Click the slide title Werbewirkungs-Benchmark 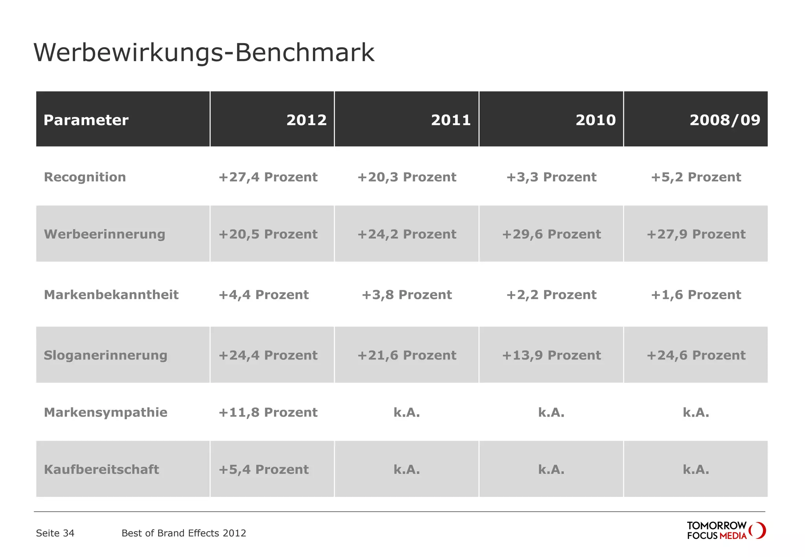pyautogui.click(x=204, y=53)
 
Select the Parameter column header pyautogui.click(x=86, y=120)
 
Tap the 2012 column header pyautogui.click(x=306, y=120)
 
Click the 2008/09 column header pyautogui.click(x=724, y=120)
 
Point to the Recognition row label pyautogui.click(x=85, y=177)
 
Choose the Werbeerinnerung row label pyautogui.click(x=105, y=234)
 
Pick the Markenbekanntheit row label pyautogui.click(x=111, y=295)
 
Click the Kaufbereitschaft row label pyautogui.click(x=101, y=469)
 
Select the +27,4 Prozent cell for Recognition pyautogui.click(x=268, y=177)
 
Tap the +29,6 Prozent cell pyautogui.click(x=551, y=234)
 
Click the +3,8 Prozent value pyautogui.click(x=406, y=295)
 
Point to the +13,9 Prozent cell pyautogui.click(x=551, y=355)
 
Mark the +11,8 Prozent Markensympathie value pyautogui.click(x=268, y=412)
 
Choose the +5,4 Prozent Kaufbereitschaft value pyautogui.click(x=263, y=469)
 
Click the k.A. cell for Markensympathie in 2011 pyautogui.click(x=406, y=412)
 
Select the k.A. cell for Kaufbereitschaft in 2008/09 pyautogui.click(x=696, y=469)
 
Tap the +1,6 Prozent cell pyautogui.click(x=696, y=295)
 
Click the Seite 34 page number pyautogui.click(x=55, y=533)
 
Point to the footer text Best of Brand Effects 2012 pyautogui.click(x=184, y=533)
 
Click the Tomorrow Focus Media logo pyautogui.click(x=726, y=531)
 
